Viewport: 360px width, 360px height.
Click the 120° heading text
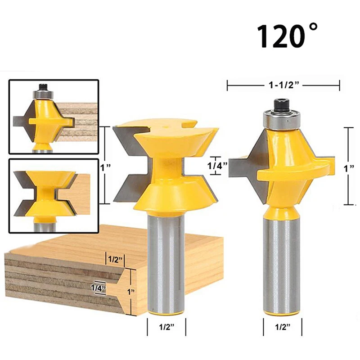pos(288,36)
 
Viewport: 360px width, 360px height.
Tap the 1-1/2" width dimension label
pos(283,85)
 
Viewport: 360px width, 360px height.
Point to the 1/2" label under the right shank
pos(283,327)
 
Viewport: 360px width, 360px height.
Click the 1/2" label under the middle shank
pos(166,327)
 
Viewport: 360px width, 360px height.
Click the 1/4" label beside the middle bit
pos(217,165)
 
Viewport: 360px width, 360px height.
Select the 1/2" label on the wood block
pos(115,260)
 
